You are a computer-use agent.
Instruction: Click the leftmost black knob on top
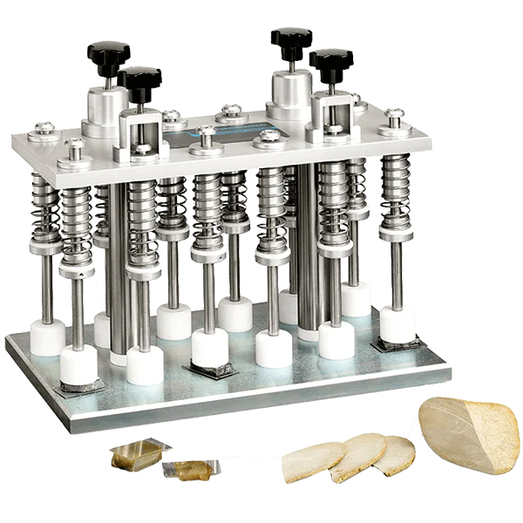(105, 51)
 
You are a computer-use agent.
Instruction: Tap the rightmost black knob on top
(332, 60)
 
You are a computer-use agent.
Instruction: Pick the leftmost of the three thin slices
(314, 461)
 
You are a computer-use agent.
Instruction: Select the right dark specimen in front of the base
(191, 471)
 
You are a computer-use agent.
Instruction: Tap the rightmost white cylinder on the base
(398, 325)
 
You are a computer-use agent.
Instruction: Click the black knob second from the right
(290, 39)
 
